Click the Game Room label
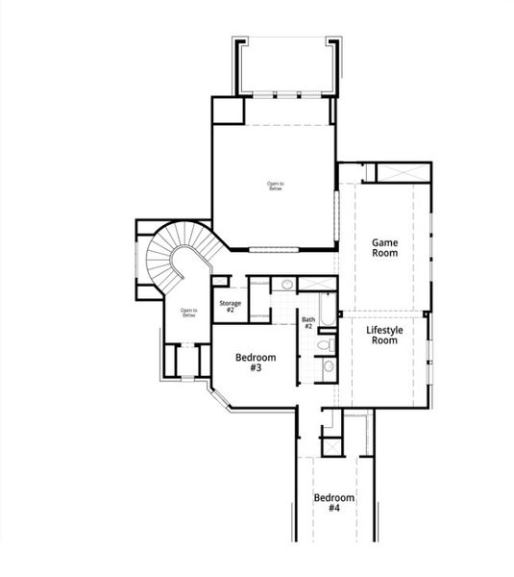pyautogui.click(x=385, y=248)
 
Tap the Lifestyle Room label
pyautogui.click(x=384, y=335)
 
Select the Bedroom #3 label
pyautogui.click(x=256, y=362)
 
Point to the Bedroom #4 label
pyautogui.click(x=333, y=502)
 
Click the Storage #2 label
pyautogui.click(x=230, y=306)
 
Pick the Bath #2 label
pyautogui.click(x=308, y=323)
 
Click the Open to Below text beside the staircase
pyautogui.click(x=188, y=313)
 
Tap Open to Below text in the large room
pyautogui.click(x=276, y=186)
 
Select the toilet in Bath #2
pyautogui.click(x=326, y=343)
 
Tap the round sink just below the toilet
pyautogui.click(x=327, y=365)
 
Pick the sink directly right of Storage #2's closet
pyautogui.click(x=286, y=285)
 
